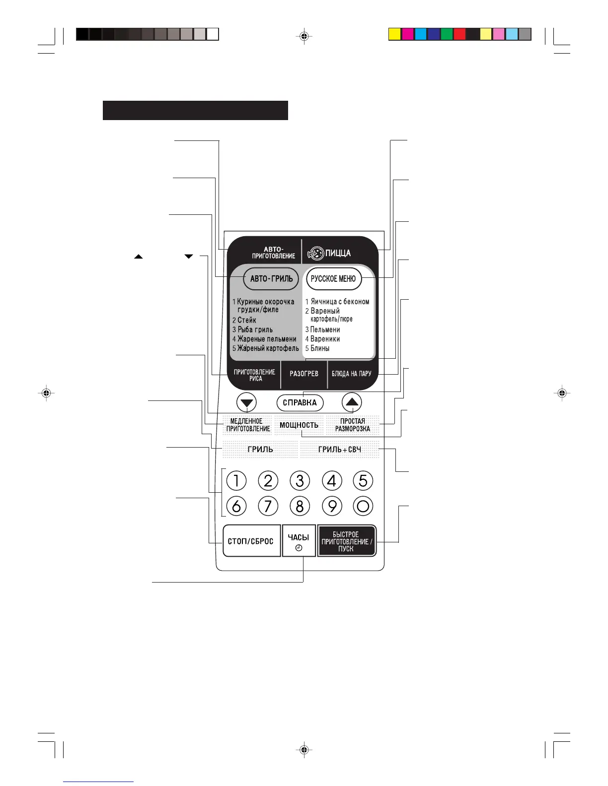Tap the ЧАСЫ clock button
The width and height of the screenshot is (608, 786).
[x=299, y=541]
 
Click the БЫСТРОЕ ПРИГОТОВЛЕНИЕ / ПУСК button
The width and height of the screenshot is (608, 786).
[x=346, y=541]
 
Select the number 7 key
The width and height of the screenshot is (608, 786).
[x=268, y=506]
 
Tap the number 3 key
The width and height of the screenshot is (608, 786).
[x=300, y=480]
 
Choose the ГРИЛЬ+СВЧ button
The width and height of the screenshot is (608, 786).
[x=340, y=449]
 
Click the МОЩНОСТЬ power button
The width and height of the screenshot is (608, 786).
[x=299, y=425]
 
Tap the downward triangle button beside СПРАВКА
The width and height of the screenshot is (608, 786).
[x=247, y=402]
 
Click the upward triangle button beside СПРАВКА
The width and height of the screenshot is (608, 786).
[x=352, y=402]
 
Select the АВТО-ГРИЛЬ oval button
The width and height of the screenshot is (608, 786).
[x=271, y=279]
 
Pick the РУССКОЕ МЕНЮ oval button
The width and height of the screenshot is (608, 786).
[x=333, y=279]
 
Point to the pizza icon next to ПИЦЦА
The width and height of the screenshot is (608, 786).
[x=315, y=254]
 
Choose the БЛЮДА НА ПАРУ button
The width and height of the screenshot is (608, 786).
[x=351, y=374]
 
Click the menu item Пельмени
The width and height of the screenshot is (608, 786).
[x=325, y=329]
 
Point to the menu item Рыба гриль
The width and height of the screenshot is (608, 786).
[x=255, y=329]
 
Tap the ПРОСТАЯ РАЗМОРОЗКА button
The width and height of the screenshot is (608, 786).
[x=352, y=425]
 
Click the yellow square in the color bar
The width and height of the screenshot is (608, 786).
[x=394, y=34]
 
